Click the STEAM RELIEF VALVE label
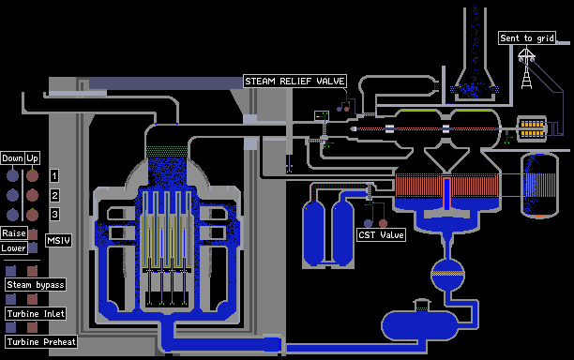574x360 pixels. click(x=295, y=82)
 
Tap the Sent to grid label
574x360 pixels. click(x=527, y=38)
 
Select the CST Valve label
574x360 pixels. click(x=381, y=235)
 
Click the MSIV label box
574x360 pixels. click(x=58, y=240)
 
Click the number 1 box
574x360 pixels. click(x=54, y=176)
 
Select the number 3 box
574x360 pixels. click(x=54, y=214)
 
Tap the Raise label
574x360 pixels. click(x=14, y=233)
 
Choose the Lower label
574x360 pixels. click(x=14, y=248)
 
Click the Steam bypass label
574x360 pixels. click(x=36, y=285)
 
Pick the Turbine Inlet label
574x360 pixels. click(x=36, y=313)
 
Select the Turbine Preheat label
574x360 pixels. click(x=41, y=341)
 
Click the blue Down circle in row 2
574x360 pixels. click(x=12, y=195)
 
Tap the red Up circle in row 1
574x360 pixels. click(x=32, y=175)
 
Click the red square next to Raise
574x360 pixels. click(x=33, y=234)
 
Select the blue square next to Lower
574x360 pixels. click(x=33, y=248)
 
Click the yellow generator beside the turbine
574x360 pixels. click(x=532, y=128)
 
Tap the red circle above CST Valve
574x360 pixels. click(x=383, y=223)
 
